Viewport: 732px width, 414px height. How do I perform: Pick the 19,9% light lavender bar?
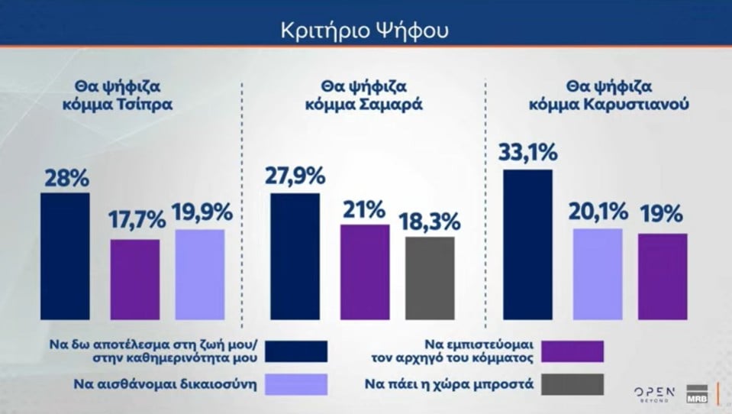pyautogui.click(x=200, y=274)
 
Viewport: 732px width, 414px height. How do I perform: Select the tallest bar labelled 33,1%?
pyautogui.click(x=527, y=244)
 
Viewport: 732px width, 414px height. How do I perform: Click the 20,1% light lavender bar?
pyautogui.click(x=597, y=273)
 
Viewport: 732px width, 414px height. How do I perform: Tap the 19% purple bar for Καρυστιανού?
pyautogui.click(x=663, y=276)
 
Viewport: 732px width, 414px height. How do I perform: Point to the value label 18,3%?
pyautogui.click(x=430, y=222)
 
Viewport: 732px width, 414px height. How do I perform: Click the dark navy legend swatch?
pyautogui.click(x=297, y=351)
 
